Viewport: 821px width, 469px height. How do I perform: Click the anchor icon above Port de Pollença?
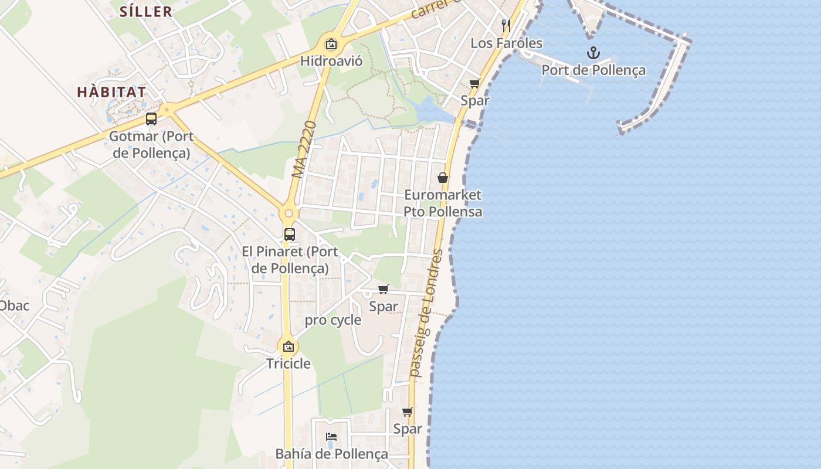[593, 53]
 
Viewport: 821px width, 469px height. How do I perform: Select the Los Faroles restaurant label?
[507, 43]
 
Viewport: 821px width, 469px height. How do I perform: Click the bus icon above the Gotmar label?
[151, 120]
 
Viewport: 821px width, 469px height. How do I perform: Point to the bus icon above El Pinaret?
[290, 235]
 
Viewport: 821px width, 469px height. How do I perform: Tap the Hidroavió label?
[331, 61]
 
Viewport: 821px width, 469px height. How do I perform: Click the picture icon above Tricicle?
[288, 346]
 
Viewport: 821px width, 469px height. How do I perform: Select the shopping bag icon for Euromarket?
[443, 178]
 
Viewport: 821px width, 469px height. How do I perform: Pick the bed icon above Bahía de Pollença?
[331, 437]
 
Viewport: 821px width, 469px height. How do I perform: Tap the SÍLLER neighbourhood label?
[146, 11]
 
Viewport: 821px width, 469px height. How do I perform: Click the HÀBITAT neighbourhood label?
[111, 92]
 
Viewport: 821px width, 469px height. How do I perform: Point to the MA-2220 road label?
[304, 149]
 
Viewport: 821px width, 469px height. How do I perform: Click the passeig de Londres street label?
[426, 313]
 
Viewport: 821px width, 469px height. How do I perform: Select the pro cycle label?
[333, 321]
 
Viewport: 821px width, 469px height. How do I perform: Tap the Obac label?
[14, 305]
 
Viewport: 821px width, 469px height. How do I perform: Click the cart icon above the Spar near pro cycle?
[384, 289]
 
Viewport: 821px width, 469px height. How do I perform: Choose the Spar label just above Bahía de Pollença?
[408, 429]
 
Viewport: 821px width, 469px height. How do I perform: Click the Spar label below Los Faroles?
[475, 100]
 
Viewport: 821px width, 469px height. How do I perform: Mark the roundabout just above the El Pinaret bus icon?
[289, 213]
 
